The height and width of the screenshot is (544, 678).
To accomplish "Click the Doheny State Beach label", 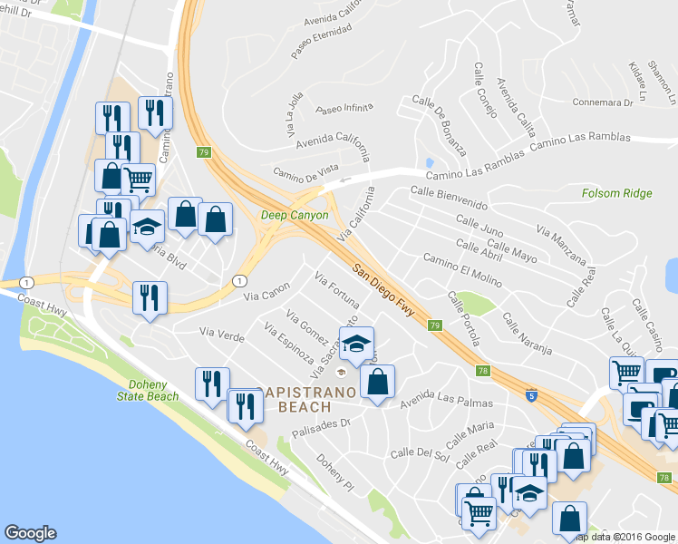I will click(147, 390).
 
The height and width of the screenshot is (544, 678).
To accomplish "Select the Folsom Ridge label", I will click(619, 193).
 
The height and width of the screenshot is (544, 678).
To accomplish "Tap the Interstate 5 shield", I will click(531, 395).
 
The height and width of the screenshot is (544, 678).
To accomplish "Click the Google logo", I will click(30, 533).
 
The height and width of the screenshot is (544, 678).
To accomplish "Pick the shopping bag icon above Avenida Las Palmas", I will click(378, 380).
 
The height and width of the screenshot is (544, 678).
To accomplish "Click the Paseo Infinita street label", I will click(344, 109).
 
